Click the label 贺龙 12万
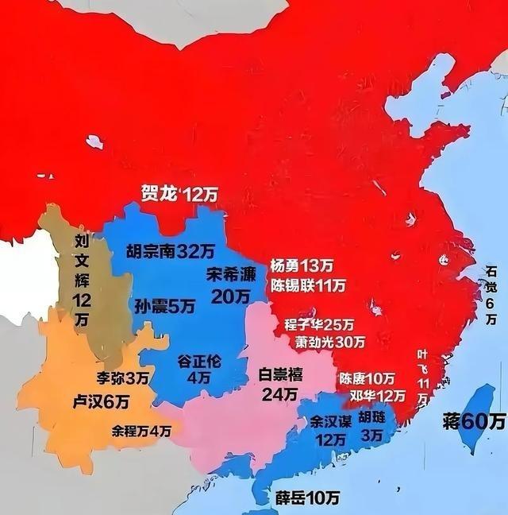pyautogui.click(x=179, y=194)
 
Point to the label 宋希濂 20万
pyautogui.click(x=232, y=285)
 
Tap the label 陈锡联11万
pyautogui.click(x=308, y=285)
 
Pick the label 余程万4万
pyautogui.click(x=141, y=431)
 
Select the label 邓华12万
pyautogui.click(x=371, y=396)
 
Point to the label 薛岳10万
pyautogui.click(x=307, y=498)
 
